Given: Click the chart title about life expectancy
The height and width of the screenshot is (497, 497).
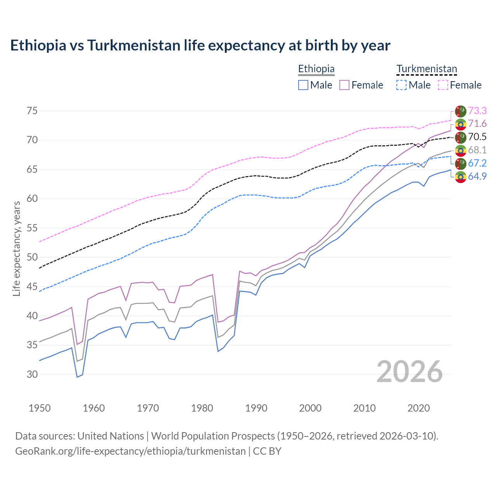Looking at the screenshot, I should pyautogui.click(x=200, y=45).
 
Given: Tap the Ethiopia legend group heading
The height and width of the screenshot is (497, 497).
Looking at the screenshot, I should pyautogui.click(x=316, y=69).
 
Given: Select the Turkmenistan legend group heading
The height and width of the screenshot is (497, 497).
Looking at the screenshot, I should pyautogui.click(x=426, y=69).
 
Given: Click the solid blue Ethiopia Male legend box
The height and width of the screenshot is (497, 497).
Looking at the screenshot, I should pyautogui.click(x=303, y=85).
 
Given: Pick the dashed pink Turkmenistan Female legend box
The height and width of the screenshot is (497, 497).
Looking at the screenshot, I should pyautogui.click(x=443, y=85).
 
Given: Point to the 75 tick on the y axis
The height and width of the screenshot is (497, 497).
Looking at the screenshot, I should pyautogui.click(x=32, y=111).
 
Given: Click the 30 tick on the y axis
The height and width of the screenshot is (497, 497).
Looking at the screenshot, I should pyautogui.click(x=32, y=375).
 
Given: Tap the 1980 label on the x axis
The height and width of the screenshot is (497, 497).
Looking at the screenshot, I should pyautogui.click(x=202, y=408).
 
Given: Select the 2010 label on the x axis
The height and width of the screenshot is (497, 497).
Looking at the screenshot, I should pyautogui.click(x=364, y=408).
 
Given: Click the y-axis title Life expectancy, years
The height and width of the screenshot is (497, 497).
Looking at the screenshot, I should pyautogui.click(x=16, y=248).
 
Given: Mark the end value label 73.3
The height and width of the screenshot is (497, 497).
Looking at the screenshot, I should pyautogui.click(x=477, y=111).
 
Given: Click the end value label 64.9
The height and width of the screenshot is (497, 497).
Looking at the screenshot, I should pyautogui.click(x=477, y=176).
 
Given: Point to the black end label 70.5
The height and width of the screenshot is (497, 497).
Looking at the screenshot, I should pyautogui.click(x=477, y=137).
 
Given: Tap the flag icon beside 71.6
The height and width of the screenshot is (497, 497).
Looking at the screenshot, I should pyautogui.click(x=461, y=124).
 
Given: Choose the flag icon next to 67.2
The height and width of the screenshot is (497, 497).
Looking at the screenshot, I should pyautogui.click(x=461, y=163).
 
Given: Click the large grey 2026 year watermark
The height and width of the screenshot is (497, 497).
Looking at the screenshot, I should pyautogui.click(x=410, y=372).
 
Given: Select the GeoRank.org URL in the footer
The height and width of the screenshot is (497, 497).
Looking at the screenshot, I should pyautogui.click(x=130, y=451).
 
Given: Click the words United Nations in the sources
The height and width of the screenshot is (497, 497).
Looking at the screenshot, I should pyautogui.click(x=111, y=436).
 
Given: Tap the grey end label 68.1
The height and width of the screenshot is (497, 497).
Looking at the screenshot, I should pyautogui.click(x=477, y=150).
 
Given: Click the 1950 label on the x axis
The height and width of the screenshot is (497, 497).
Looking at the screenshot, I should pyautogui.click(x=40, y=408).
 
